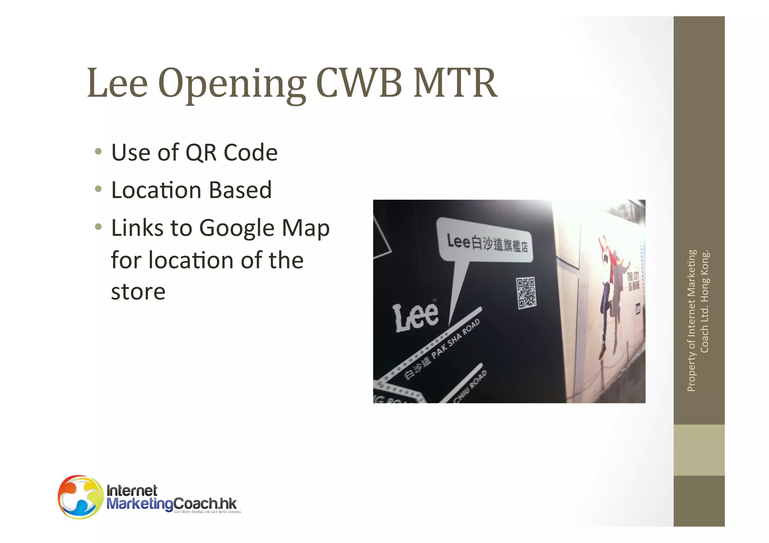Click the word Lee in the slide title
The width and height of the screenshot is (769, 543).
[117, 83]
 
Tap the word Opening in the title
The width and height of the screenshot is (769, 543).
[232, 84]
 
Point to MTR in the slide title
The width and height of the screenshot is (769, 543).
[455, 83]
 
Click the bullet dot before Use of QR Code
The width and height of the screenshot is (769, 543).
[98, 152]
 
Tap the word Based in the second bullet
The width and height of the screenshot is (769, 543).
[240, 190]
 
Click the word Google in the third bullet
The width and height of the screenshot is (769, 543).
[237, 228]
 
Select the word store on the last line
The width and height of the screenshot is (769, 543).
[138, 292]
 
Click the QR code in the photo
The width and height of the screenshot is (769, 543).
[526, 293]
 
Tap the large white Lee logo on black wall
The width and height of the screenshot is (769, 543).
[415, 317]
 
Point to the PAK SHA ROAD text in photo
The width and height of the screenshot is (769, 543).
[455, 339]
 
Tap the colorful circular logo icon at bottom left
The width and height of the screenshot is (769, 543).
[80, 497]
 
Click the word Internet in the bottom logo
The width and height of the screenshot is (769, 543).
[132, 490]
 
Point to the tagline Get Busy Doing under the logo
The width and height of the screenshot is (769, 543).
[207, 512]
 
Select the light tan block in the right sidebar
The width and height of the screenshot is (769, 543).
[699, 450]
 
